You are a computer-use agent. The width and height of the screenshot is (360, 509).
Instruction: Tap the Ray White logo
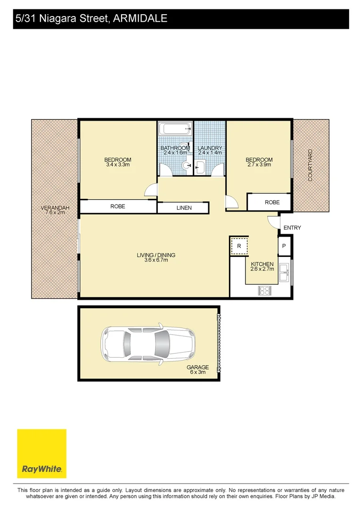click(x=41, y=453)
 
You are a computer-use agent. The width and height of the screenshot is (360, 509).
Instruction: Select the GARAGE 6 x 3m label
click(x=197, y=369)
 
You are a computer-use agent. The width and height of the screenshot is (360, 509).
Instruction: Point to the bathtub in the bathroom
click(x=175, y=129)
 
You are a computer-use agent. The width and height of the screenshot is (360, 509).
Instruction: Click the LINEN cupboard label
click(x=184, y=208)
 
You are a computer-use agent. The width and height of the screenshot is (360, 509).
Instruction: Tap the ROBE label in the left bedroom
click(x=118, y=206)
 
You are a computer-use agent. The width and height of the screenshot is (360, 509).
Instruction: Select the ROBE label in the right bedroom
click(x=272, y=202)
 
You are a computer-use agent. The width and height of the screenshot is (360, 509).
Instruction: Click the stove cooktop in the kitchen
click(x=265, y=291)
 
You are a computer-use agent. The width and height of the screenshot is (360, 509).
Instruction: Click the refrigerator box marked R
click(x=239, y=246)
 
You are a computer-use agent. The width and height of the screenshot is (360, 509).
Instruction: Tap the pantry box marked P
click(x=284, y=246)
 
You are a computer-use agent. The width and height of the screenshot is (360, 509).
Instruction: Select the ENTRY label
click(x=292, y=228)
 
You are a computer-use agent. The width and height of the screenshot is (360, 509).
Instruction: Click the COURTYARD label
click(x=310, y=165)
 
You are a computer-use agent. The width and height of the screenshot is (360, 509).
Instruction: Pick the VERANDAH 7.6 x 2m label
click(x=53, y=210)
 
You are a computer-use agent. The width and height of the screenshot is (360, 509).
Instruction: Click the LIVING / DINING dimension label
click(x=156, y=257)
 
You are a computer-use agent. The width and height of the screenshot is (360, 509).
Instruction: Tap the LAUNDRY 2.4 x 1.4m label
click(x=210, y=150)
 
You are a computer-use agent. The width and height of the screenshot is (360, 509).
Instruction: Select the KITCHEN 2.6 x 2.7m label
click(x=262, y=266)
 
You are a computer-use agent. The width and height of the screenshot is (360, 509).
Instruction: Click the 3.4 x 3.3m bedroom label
click(x=118, y=162)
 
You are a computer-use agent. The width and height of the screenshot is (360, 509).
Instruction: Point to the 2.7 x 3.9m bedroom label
click(x=259, y=162)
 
